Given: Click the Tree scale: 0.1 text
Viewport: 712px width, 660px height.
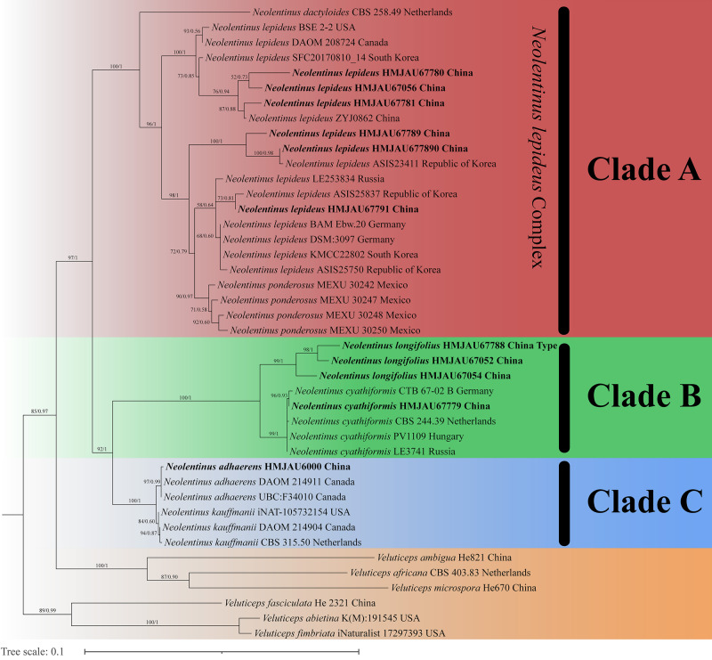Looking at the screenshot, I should [x=33, y=651].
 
